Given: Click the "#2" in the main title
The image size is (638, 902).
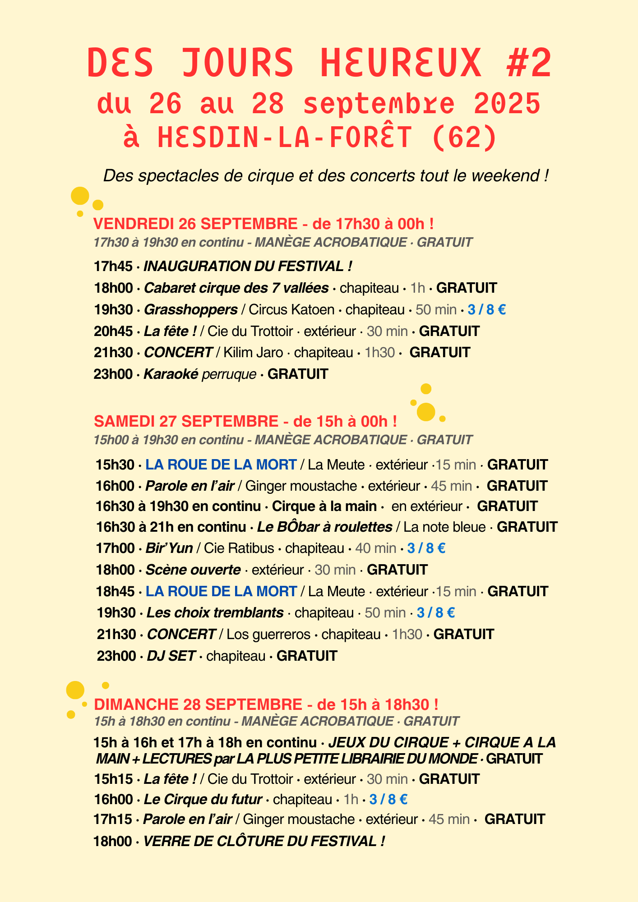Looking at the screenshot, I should coord(529,63).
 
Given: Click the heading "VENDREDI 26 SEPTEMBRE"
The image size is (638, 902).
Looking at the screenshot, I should coord(195,224).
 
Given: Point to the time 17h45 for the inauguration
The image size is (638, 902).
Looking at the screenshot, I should coord(113,266).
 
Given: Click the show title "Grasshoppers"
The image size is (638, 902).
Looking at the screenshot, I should coord(190,310).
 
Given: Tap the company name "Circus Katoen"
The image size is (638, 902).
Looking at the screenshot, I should coord(291,310).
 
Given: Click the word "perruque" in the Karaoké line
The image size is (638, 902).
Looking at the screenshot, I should coord(229,374).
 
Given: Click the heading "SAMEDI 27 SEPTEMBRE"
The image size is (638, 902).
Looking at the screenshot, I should coord(186,421).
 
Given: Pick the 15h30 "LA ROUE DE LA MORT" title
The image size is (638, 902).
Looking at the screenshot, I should coord(221,465).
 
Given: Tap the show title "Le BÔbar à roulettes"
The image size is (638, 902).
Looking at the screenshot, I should coord(324,527).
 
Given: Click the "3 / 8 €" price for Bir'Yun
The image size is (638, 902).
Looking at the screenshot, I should coord(426,548).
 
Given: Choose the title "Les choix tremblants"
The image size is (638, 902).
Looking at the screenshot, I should coord(215,613).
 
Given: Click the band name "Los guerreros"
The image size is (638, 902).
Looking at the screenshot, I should coord(268,635).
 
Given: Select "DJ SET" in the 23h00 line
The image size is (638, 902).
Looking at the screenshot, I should coord(171,656).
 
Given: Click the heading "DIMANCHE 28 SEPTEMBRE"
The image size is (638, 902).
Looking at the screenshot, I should coord(198,704).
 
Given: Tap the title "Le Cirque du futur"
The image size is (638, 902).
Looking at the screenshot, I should coord(203,800).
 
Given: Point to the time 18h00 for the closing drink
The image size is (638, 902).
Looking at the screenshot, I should coord(113,841).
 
